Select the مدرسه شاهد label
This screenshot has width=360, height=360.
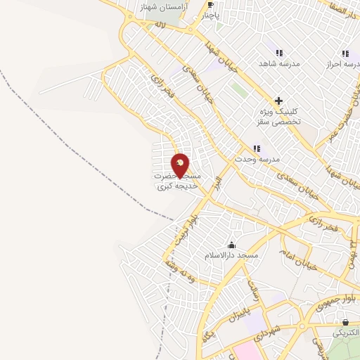281,63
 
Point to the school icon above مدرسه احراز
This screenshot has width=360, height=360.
345,53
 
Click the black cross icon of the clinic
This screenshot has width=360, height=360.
279,101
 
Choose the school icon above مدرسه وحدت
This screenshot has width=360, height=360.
257,148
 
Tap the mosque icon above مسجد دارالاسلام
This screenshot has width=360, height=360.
231,244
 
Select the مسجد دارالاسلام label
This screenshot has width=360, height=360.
231,255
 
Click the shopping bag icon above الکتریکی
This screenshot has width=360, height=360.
345,323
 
